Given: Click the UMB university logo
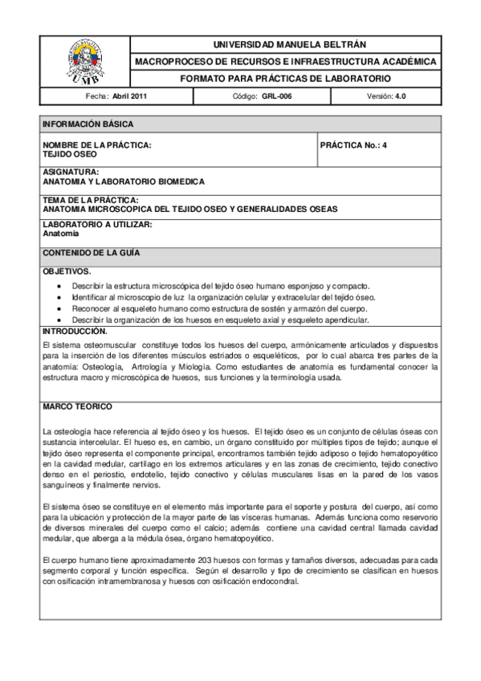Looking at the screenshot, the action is point(85,61).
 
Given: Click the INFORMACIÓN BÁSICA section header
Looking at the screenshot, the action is point(88,124).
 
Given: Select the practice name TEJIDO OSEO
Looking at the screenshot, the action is point(70,154).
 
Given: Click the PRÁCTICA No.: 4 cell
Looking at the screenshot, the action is point(353,145).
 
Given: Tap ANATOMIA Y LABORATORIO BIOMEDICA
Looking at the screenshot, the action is point(124,182).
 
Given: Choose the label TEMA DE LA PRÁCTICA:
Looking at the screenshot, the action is point(91,200).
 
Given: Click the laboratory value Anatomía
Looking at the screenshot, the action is point(61,234).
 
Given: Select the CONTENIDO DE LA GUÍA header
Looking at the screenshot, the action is point(92,253).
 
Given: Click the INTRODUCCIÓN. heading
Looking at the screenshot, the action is point(75,331).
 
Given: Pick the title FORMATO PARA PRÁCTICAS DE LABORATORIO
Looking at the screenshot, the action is point(285,79).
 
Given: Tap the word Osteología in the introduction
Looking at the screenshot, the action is point(93,367).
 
